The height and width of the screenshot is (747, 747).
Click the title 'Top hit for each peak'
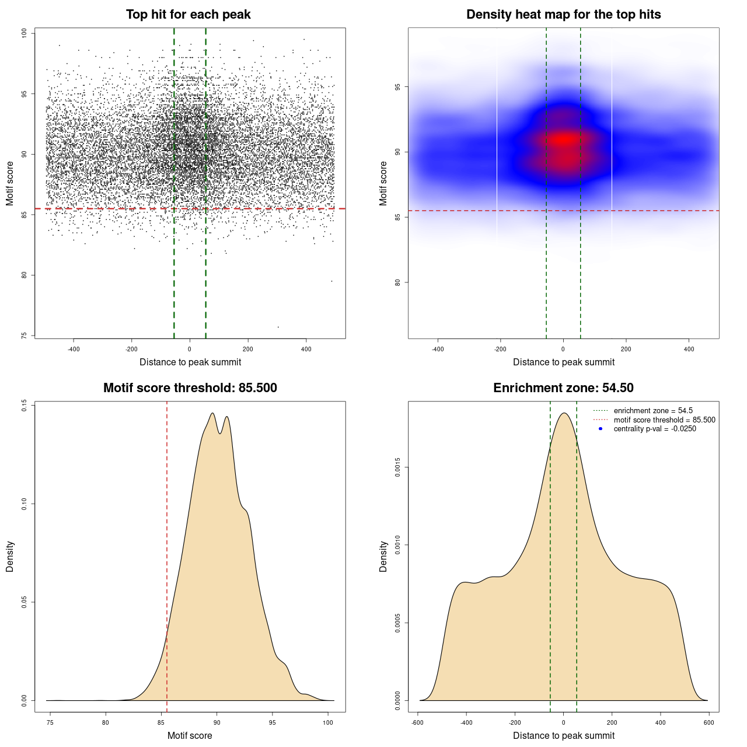[189, 15]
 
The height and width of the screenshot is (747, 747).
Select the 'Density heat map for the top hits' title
[563, 15]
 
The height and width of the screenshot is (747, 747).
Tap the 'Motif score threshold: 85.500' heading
[190, 388]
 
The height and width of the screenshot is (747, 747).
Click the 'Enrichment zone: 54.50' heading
[563, 388]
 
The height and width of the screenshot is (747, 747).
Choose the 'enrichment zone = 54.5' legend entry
[653, 411]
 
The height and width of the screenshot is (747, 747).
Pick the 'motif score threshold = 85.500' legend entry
[664, 420]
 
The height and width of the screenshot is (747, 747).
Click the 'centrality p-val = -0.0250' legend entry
[655, 429]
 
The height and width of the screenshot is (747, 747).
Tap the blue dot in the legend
[601, 429]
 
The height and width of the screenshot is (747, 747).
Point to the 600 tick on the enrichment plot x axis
[709, 722]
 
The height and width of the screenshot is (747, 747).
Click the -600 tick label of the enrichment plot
[417, 722]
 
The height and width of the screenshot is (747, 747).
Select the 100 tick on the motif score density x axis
[328, 722]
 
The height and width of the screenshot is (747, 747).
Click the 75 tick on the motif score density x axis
[50, 722]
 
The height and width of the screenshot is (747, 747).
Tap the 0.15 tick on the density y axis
[25, 406]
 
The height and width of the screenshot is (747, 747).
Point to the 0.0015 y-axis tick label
[398, 467]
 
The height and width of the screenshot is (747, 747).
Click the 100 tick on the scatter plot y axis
[25, 33]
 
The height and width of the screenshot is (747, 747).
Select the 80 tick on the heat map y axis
[398, 282]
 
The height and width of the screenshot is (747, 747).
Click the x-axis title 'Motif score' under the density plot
[190, 735]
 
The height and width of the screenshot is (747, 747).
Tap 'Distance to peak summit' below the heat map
[563, 362]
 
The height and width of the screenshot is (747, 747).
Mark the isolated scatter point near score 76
[278, 327]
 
